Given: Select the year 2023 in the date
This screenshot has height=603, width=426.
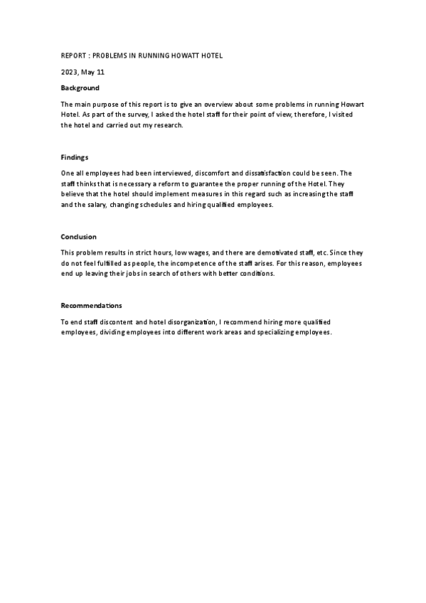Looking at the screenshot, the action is tap(69, 72).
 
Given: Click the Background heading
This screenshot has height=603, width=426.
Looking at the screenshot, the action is tap(80, 88).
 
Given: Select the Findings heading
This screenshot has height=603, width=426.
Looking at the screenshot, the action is tap(75, 157).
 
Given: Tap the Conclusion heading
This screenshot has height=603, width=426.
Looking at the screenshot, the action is tap(78, 236).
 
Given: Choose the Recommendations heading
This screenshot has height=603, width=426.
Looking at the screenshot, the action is tap(92, 305).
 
